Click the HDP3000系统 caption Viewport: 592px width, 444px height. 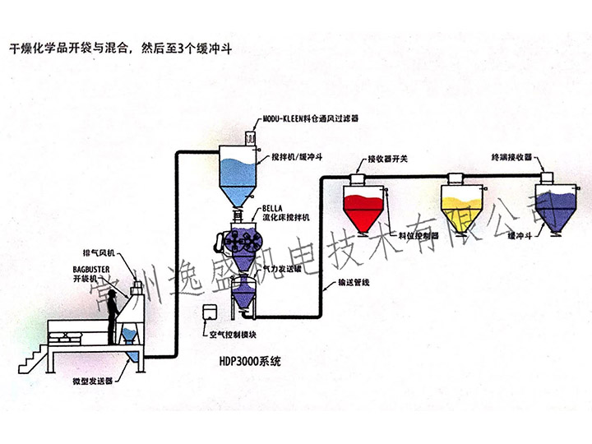coord(249,359)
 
